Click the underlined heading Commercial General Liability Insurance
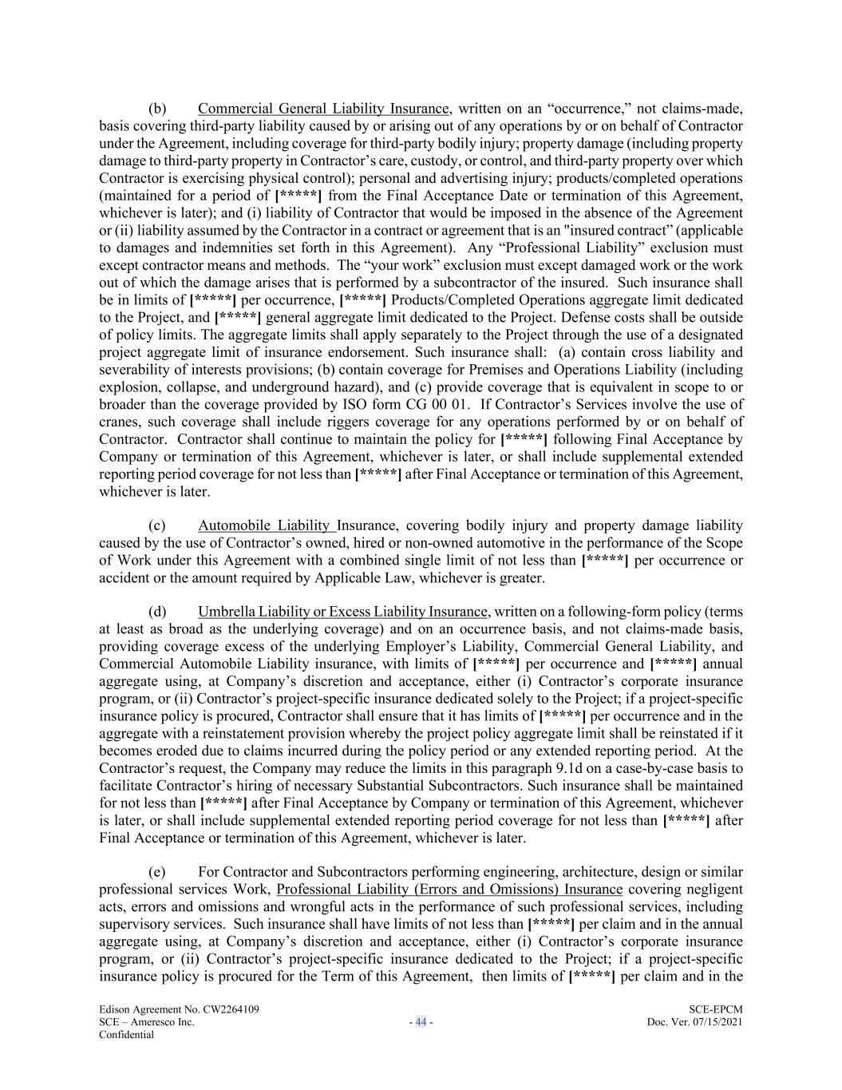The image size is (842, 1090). [x=323, y=109]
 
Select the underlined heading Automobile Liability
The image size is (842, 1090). [x=265, y=525]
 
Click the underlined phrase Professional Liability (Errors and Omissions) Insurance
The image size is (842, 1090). [x=449, y=890]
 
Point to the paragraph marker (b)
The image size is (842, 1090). [x=157, y=109]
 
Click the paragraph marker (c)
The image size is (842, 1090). [x=157, y=525]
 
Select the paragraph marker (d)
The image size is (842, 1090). [x=157, y=612]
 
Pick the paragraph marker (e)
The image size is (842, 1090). [x=157, y=872]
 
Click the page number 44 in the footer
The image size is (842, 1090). [x=421, y=1022]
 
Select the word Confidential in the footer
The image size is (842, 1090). [x=126, y=1035]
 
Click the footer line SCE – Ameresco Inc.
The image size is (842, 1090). [x=147, y=1022]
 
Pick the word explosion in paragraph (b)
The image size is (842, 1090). [x=128, y=386]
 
